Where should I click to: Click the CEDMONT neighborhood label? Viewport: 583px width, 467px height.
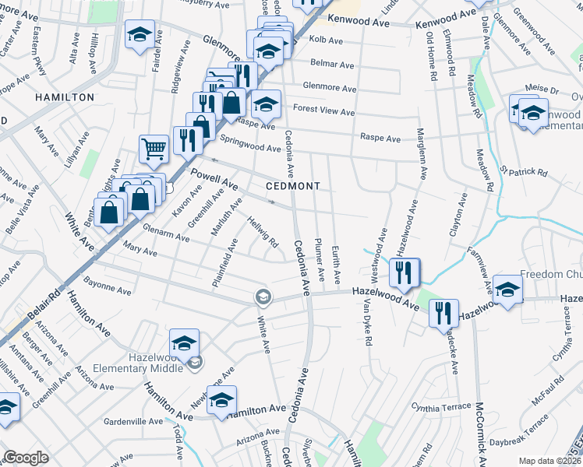point(292,186)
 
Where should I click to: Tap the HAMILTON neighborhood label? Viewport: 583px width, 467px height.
point(65,97)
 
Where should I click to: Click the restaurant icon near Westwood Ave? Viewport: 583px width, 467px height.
point(405,272)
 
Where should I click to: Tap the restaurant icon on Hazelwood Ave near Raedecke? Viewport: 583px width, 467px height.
point(443,313)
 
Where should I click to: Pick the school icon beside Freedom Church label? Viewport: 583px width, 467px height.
point(507,290)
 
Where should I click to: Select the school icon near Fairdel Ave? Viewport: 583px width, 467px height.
point(140,35)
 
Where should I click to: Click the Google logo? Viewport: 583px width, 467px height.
point(26,458)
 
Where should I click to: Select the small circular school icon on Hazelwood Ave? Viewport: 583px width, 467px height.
point(263,296)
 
